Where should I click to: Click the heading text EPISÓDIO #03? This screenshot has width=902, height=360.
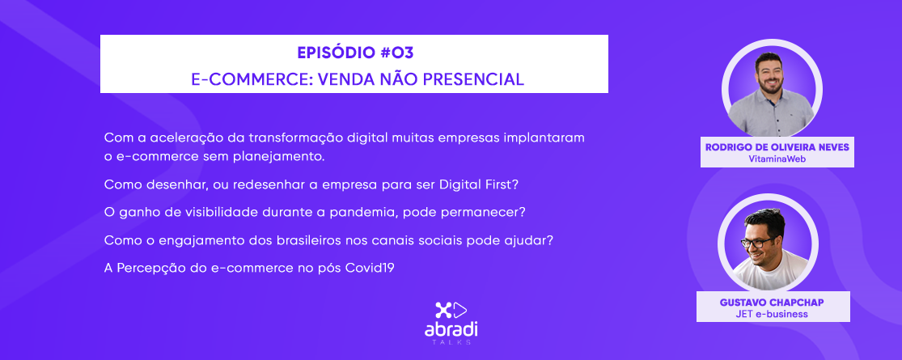click(x=355, y=53)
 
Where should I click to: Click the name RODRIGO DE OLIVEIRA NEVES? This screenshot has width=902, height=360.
click(x=777, y=148)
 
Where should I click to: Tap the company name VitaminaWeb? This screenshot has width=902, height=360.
click(x=777, y=159)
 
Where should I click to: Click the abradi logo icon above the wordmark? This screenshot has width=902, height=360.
click(x=451, y=311)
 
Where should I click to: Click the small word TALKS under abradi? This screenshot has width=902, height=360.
click(x=451, y=343)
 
